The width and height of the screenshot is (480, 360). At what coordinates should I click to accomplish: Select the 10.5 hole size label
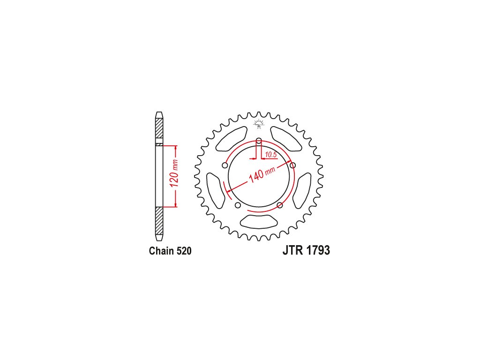(271, 155)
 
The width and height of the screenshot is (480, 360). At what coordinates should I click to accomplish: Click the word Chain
(162, 251)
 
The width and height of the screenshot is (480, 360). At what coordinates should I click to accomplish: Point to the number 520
(184, 251)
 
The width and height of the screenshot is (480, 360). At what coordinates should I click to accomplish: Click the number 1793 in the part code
(318, 250)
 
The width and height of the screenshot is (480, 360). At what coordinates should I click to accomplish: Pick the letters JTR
(292, 250)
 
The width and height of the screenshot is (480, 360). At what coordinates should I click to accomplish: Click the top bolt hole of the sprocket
(259, 141)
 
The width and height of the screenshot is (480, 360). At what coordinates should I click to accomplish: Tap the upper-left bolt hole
(225, 165)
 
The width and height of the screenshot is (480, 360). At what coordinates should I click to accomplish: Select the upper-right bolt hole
(293, 165)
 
